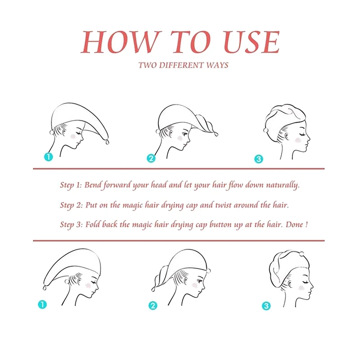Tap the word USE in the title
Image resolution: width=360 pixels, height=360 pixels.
point(252,42)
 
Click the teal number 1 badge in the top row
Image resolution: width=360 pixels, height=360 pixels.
point(49,157)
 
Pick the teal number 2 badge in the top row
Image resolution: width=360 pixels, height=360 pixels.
point(151,158)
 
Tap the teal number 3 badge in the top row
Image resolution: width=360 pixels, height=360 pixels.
point(259,159)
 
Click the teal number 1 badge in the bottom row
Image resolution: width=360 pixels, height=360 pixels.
point(42,305)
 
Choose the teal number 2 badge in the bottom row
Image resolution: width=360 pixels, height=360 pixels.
point(153,306)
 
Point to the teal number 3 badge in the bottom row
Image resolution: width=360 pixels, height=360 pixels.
point(266,306)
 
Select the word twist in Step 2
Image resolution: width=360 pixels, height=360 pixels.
point(223,205)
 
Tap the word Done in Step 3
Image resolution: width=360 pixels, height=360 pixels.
point(294,224)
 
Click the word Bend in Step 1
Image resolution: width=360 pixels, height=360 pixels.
point(93,185)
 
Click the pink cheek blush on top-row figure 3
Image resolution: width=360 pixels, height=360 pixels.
point(298,140)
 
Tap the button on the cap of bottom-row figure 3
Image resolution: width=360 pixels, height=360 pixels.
point(301,254)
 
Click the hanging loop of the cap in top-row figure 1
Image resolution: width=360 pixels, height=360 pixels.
point(107,142)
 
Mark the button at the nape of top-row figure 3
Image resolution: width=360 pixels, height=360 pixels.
point(266,130)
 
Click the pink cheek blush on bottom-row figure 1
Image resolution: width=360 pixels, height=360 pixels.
point(88,285)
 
